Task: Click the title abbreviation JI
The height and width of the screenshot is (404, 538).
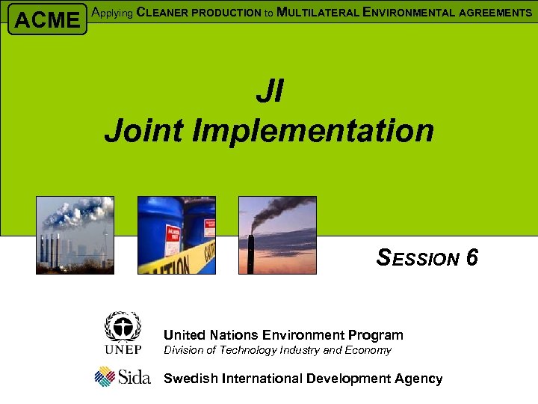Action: pos(269,92)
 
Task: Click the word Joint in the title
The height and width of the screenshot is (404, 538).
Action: pos(144,130)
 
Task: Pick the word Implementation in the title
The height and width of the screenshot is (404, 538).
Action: pos(313,130)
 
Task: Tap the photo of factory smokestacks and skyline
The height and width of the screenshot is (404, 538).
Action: pos(75,235)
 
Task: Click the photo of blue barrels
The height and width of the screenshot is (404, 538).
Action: pos(176,235)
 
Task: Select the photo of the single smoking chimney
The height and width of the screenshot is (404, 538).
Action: pos(277,235)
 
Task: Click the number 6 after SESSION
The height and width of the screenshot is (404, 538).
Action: pos(471,258)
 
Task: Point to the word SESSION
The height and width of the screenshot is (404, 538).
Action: pos(418,258)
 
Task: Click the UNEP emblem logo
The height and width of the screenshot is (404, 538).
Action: pos(123,333)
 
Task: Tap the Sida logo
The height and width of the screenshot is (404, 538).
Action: pos(123,376)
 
